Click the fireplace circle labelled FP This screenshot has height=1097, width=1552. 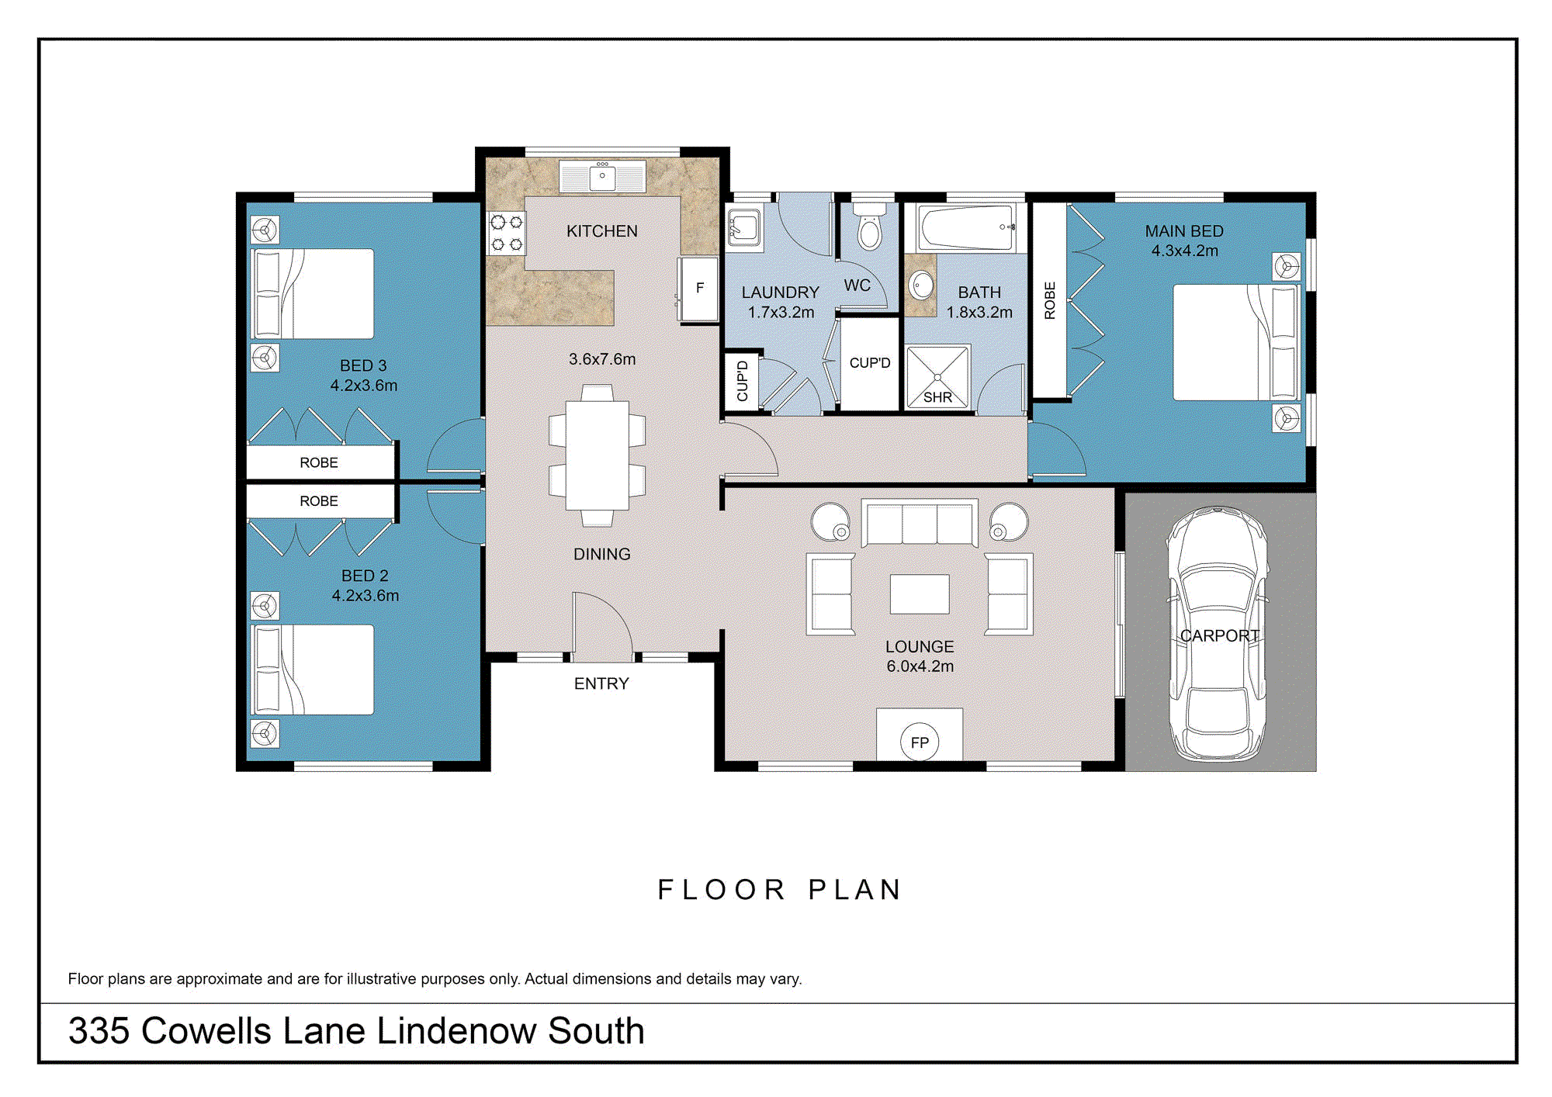(x=920, y=742)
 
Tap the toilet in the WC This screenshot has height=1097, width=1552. (x=869, y=227)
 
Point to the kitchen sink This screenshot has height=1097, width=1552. (x=602, y=177)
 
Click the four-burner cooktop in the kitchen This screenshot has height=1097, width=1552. (x=506, y=234)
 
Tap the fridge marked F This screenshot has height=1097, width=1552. (x=698, y=289)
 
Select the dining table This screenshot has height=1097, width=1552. (x=597, y=455)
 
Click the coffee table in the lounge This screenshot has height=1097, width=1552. (x=920, y=594)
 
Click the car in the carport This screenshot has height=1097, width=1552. (x=1218, y=632)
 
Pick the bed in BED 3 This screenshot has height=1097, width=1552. (x=312, y=294)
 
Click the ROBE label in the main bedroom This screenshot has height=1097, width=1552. (x=1050, y=301)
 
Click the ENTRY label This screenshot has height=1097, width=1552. (x=601, y=683)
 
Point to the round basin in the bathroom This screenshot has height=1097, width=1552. (x=921, y=285)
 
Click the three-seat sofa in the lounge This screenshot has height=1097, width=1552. (x=920, y=524)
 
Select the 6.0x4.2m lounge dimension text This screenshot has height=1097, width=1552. (x=920, y=666)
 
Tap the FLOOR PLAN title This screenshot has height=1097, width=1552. (x=779, y=890)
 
